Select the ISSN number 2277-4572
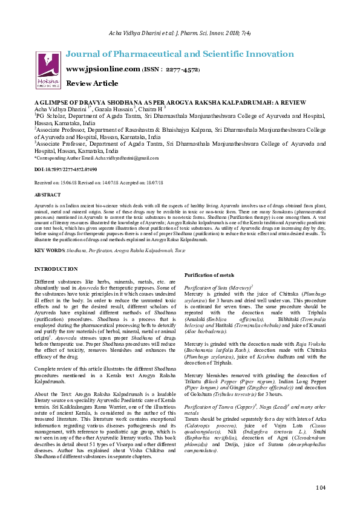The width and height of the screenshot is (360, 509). tap(180, 69)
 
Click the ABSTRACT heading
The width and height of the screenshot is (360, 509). tap(47, 195)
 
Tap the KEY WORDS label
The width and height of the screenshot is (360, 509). tap(50, 250)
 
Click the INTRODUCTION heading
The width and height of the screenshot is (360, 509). tap(56, 268)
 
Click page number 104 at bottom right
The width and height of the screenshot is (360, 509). tap(320, 487)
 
